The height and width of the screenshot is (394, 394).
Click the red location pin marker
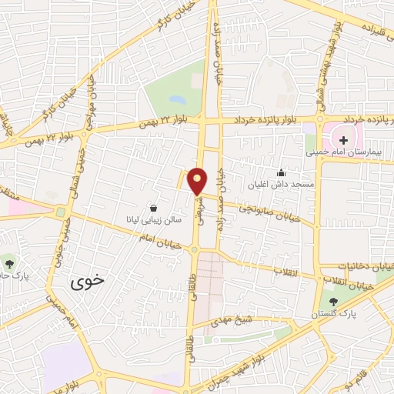point(198,181)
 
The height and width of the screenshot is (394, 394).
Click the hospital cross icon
point(340,141)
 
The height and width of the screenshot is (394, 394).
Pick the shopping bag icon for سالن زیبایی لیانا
point(154,208)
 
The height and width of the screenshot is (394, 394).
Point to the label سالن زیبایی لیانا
point(153,219)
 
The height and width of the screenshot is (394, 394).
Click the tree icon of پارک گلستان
point(333,302)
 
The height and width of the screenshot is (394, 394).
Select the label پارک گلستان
point(333,314)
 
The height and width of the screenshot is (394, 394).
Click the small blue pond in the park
point(178,99)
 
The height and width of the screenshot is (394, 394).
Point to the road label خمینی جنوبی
point(62,245)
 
